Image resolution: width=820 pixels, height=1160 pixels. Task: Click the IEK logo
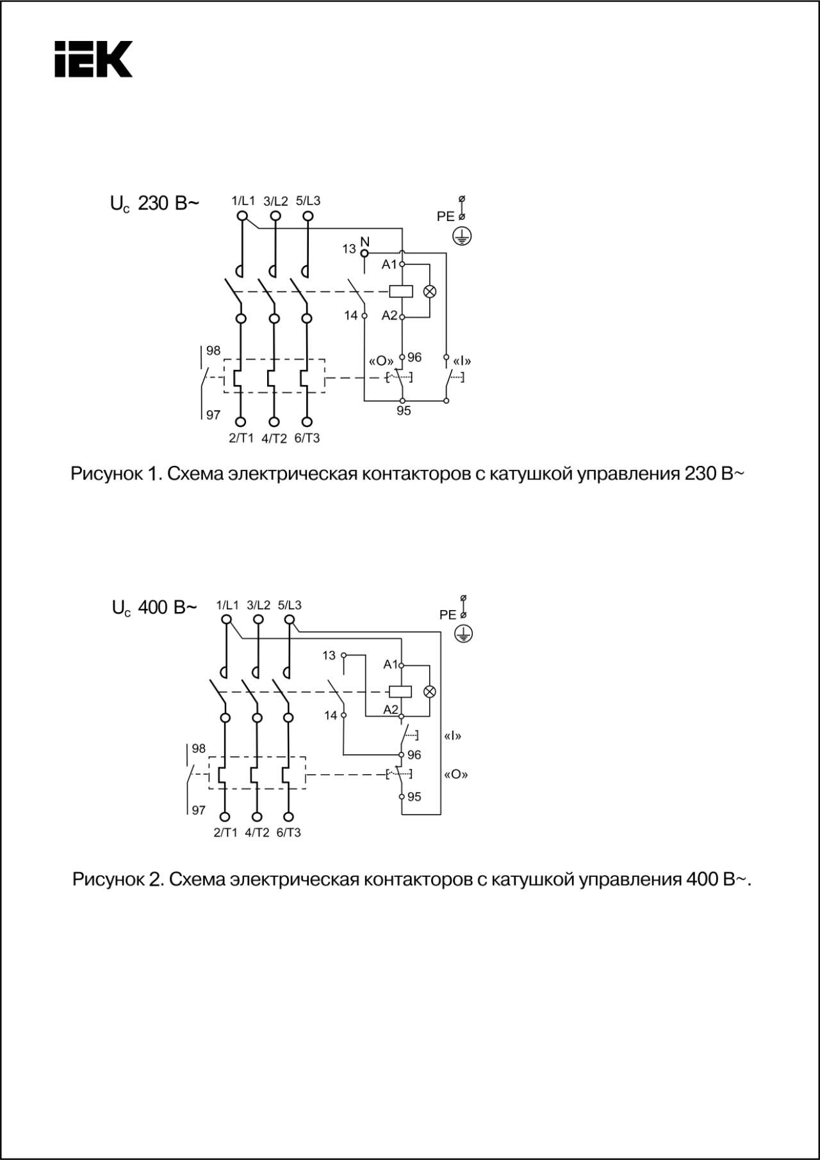94,60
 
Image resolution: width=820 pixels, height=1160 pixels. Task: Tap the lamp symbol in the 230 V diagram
430,292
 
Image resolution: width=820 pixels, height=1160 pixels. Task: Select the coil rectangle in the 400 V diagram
401,692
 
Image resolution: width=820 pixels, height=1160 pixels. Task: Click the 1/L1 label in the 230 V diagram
243,201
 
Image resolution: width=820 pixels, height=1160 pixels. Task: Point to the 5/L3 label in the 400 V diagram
290,605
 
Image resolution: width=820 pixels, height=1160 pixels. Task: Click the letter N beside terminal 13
365,242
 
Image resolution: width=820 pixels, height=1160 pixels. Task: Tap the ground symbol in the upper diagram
461,236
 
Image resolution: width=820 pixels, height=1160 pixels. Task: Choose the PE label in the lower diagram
447,615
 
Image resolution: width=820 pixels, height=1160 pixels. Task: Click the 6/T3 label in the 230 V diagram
307,438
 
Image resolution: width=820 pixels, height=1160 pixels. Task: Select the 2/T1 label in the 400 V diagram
225,833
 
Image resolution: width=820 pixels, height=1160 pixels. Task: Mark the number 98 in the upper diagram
213,351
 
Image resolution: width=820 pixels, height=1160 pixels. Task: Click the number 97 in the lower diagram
199,810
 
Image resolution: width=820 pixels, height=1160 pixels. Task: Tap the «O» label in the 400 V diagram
455,774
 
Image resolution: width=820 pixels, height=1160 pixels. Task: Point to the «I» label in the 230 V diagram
461,361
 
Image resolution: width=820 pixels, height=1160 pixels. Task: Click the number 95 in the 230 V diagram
404,411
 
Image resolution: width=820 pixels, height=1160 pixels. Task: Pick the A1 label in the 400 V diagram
390,665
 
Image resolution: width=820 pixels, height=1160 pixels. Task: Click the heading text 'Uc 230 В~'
154,204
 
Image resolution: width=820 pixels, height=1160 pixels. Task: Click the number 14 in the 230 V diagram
351,315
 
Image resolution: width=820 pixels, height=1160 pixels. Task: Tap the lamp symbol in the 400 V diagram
430,692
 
